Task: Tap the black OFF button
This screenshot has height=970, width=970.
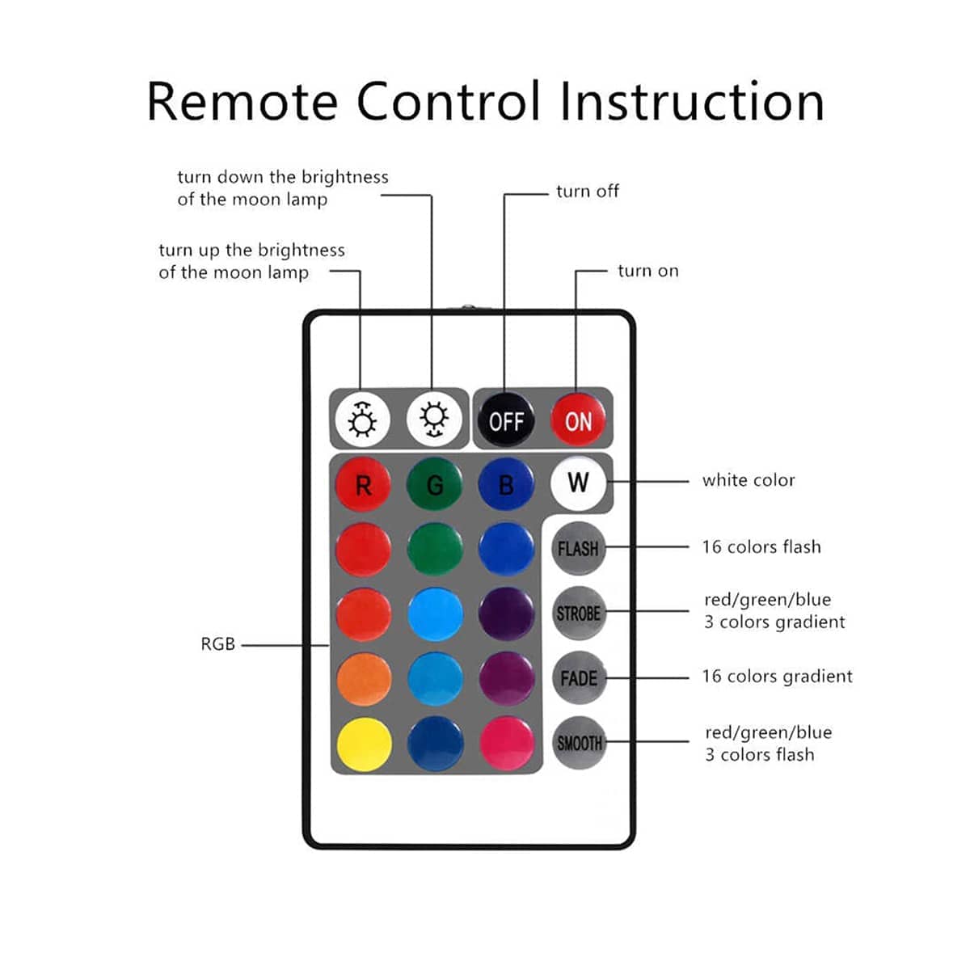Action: [506, 420]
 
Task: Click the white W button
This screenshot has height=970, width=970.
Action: [578, 483]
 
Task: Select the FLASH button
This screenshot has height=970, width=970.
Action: [578, 548]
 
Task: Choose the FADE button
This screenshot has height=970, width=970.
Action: [578, 678]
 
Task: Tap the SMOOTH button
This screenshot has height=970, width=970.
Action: [579, 743]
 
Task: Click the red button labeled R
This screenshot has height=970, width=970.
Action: [363, 485]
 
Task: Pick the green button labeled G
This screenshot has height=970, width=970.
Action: [435, 485]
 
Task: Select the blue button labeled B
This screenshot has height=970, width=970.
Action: [506, 485]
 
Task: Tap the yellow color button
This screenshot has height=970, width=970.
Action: [364, 744]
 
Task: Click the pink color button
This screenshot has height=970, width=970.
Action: [507, 743]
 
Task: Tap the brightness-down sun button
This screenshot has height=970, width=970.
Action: [434, 419]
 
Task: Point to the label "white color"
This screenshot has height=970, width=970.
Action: [749, 480]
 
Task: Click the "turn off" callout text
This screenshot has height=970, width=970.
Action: [588, 192]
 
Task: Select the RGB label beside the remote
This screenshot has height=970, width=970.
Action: [217, 644]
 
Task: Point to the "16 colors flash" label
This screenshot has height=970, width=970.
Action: [761, 547]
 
